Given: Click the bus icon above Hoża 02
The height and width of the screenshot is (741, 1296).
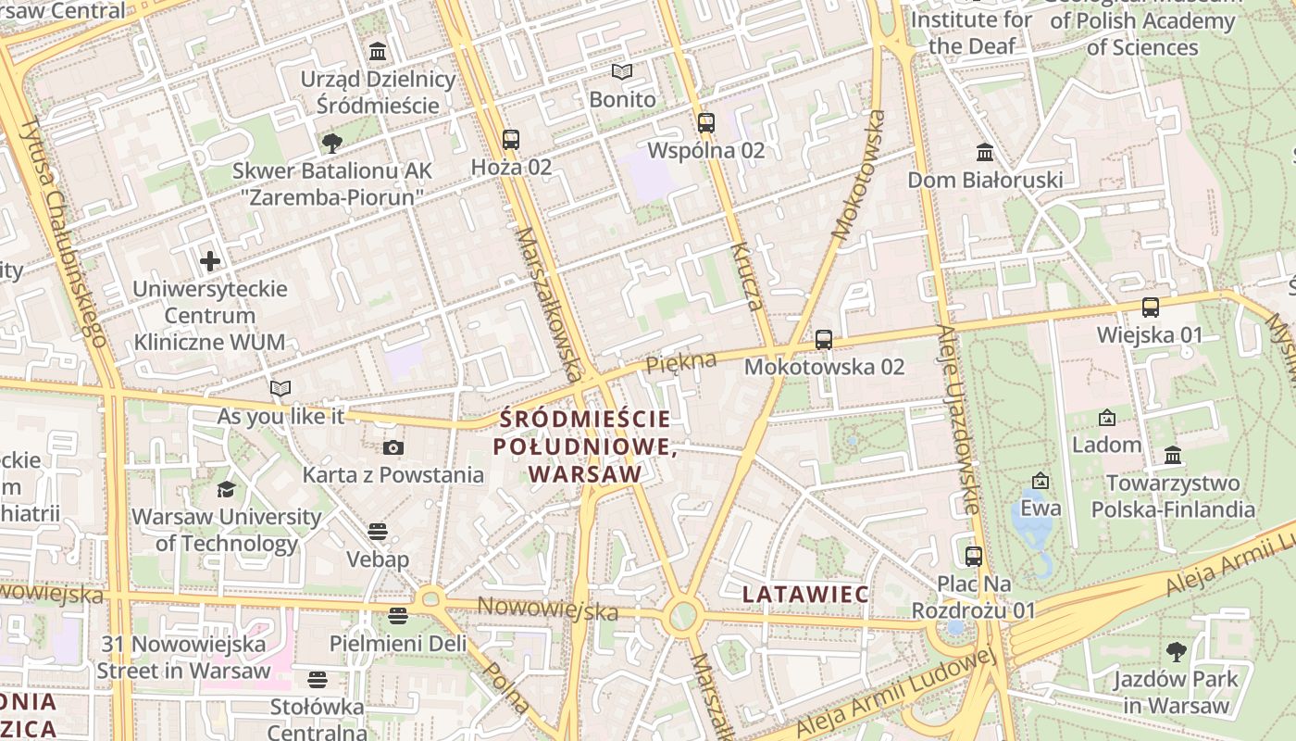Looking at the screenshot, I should coord(510,140).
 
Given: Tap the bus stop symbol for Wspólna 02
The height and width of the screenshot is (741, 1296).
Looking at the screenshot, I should coord(706,122).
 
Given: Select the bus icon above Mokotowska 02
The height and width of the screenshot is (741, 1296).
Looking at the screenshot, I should coord(824,339).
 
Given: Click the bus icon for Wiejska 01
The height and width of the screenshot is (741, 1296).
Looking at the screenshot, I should coord(1151,308).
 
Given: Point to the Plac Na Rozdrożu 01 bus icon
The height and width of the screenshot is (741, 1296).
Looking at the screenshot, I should coord(974,557).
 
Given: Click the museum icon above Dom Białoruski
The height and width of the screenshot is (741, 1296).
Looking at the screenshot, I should coord(985,152).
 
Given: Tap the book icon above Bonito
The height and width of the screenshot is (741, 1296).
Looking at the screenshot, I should coord(622,71).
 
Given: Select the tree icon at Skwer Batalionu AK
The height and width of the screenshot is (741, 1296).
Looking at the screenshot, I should coord(331,144).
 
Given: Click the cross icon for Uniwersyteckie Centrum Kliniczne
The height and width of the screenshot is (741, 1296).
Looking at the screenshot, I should coord(210,261).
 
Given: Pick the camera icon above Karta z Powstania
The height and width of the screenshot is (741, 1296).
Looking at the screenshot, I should coord(393,448).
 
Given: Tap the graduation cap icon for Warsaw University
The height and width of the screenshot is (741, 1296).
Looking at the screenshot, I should coord(226,489).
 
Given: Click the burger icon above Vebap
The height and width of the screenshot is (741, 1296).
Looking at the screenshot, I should coord(377,532).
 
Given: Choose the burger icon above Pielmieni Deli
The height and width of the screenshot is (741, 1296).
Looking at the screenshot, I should coord(398,616).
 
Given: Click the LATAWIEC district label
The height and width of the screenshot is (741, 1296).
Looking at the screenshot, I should coord(805,594).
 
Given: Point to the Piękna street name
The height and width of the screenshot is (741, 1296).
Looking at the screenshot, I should coord(681,362).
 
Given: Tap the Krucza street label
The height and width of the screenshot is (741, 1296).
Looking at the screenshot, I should coord(746,276).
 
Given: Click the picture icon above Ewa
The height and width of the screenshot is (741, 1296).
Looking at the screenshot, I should coord(1041,481).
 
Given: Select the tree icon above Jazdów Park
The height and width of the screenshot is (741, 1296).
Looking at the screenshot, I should coord(1176,651).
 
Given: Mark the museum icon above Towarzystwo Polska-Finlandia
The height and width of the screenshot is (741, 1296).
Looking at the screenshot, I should coord(1173,455).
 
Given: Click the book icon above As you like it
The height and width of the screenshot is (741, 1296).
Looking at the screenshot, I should coord(280,389).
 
